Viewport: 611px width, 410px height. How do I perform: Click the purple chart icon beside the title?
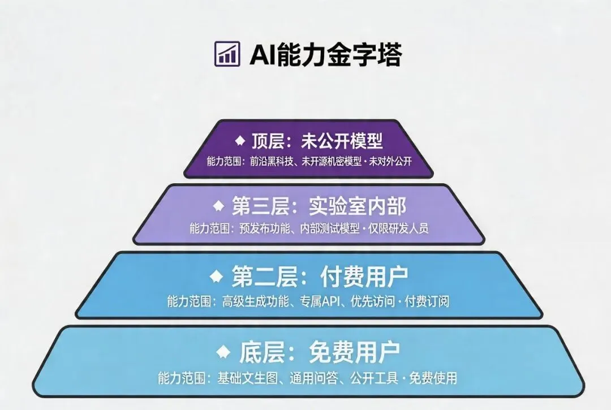pos(227,54)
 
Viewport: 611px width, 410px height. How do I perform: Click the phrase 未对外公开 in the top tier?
pos(390,161)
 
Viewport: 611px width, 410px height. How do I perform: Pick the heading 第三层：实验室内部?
pos(319,206)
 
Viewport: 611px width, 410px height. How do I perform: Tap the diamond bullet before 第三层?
pos(218,205)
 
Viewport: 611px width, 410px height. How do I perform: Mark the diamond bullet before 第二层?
pos(216,276)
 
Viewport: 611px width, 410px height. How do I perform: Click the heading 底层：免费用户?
pos(319,353)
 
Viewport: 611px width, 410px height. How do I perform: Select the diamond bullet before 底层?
pos(224,352)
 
